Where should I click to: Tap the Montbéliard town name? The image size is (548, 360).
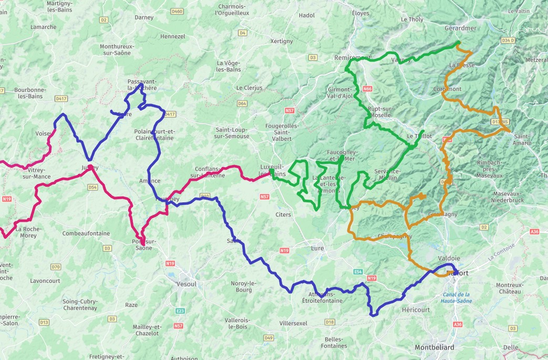(435, 348)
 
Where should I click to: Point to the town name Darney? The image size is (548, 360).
(144, 17)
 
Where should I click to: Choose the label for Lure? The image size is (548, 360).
(318, 248)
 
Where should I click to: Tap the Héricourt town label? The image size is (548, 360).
(416, 310)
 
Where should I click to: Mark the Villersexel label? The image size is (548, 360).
(293, 323)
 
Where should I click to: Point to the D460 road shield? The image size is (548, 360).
(177, 12)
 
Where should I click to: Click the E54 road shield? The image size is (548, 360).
(358, 272)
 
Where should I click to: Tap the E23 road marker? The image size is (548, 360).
(180, 311)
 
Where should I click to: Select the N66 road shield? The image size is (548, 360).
(367, 89)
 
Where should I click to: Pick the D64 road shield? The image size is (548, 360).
(242, 104)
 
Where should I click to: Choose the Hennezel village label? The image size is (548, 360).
(173, 37)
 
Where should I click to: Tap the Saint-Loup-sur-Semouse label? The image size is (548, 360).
(232, 133)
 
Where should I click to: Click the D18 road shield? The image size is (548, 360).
(329, 322)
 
